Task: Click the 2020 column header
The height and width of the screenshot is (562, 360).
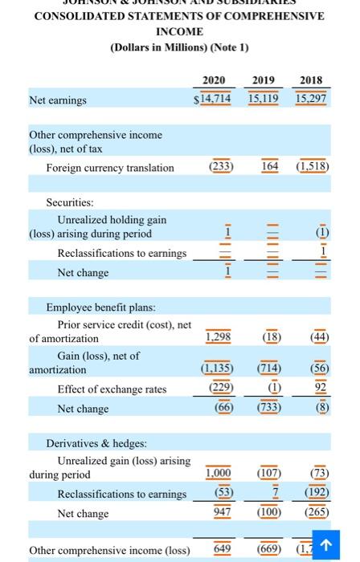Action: tap(213, 80)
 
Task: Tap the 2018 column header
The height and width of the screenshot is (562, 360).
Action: tap(311, 80)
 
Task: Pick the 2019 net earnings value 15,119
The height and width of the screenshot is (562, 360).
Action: tap(264, 99)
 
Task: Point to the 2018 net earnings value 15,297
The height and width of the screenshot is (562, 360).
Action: tap(311, 99)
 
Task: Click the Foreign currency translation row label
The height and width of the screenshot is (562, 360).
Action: tap(110, 168)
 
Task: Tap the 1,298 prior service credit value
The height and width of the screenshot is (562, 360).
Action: tap(219, 338)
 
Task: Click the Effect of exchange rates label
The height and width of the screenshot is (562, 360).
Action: tap(112, 389)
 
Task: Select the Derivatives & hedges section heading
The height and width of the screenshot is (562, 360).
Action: tap(96, 443)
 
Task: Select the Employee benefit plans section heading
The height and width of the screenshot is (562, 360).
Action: tap(100, 307)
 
